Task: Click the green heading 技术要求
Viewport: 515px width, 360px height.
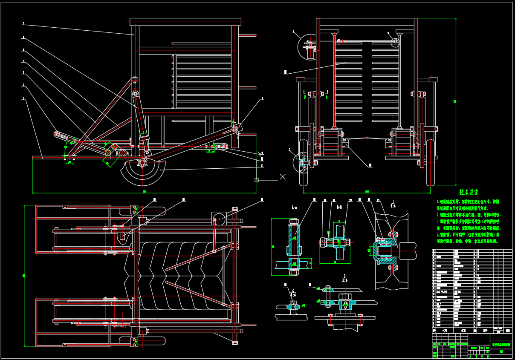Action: click(x=469, y=193)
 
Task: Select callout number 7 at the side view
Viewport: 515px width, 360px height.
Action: click(x=23, y=23)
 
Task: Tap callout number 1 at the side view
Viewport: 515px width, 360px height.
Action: click(x=24, y=99)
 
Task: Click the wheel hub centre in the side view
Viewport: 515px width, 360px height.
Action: click(x=142, y=163)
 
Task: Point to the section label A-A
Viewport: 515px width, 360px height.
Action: click(x=294, y=207)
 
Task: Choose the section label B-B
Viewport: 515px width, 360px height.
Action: click(x=339, y=207)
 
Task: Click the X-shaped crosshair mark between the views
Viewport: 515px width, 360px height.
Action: click(x=282, y=176)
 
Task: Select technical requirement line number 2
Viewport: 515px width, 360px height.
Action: click(x=468, y=215)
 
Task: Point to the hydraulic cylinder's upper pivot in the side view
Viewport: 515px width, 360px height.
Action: click(x=136, y=94)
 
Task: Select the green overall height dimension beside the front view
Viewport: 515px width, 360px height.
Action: click(x=455, y=101)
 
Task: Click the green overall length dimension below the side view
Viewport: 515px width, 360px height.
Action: click(x=144, y=192)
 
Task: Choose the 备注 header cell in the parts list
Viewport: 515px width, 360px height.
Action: click(x=507, y=330)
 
